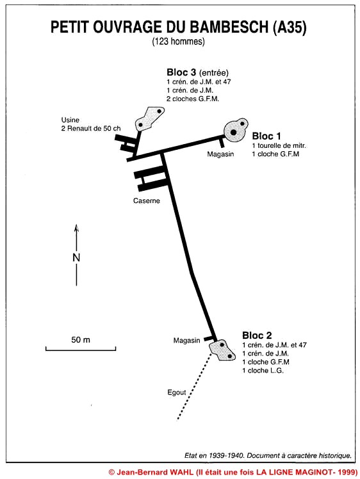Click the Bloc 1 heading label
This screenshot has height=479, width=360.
(266, 136)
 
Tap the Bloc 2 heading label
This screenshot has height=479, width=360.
(257, 335)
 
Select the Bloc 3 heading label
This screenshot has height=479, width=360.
(181, 72)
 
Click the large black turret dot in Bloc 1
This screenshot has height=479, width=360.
(233, 133)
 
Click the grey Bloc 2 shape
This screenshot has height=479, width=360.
(222, 350)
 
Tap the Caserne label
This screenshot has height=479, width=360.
(147, 200)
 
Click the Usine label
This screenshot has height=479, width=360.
(70, 120)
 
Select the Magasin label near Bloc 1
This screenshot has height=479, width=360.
(220, 154)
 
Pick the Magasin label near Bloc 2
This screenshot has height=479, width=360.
(186, 340)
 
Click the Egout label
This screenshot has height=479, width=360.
(177, 393)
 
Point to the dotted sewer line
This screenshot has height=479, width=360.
(194, 386)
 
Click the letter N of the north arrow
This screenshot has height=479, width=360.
(76, 257)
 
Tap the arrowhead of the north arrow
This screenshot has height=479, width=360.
(76, 228)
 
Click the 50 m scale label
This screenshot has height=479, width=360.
(81, 339)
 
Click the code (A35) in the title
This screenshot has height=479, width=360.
(289, 27)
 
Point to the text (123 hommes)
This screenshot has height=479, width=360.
(179, 41)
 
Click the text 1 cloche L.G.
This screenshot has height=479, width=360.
(263, 371)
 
